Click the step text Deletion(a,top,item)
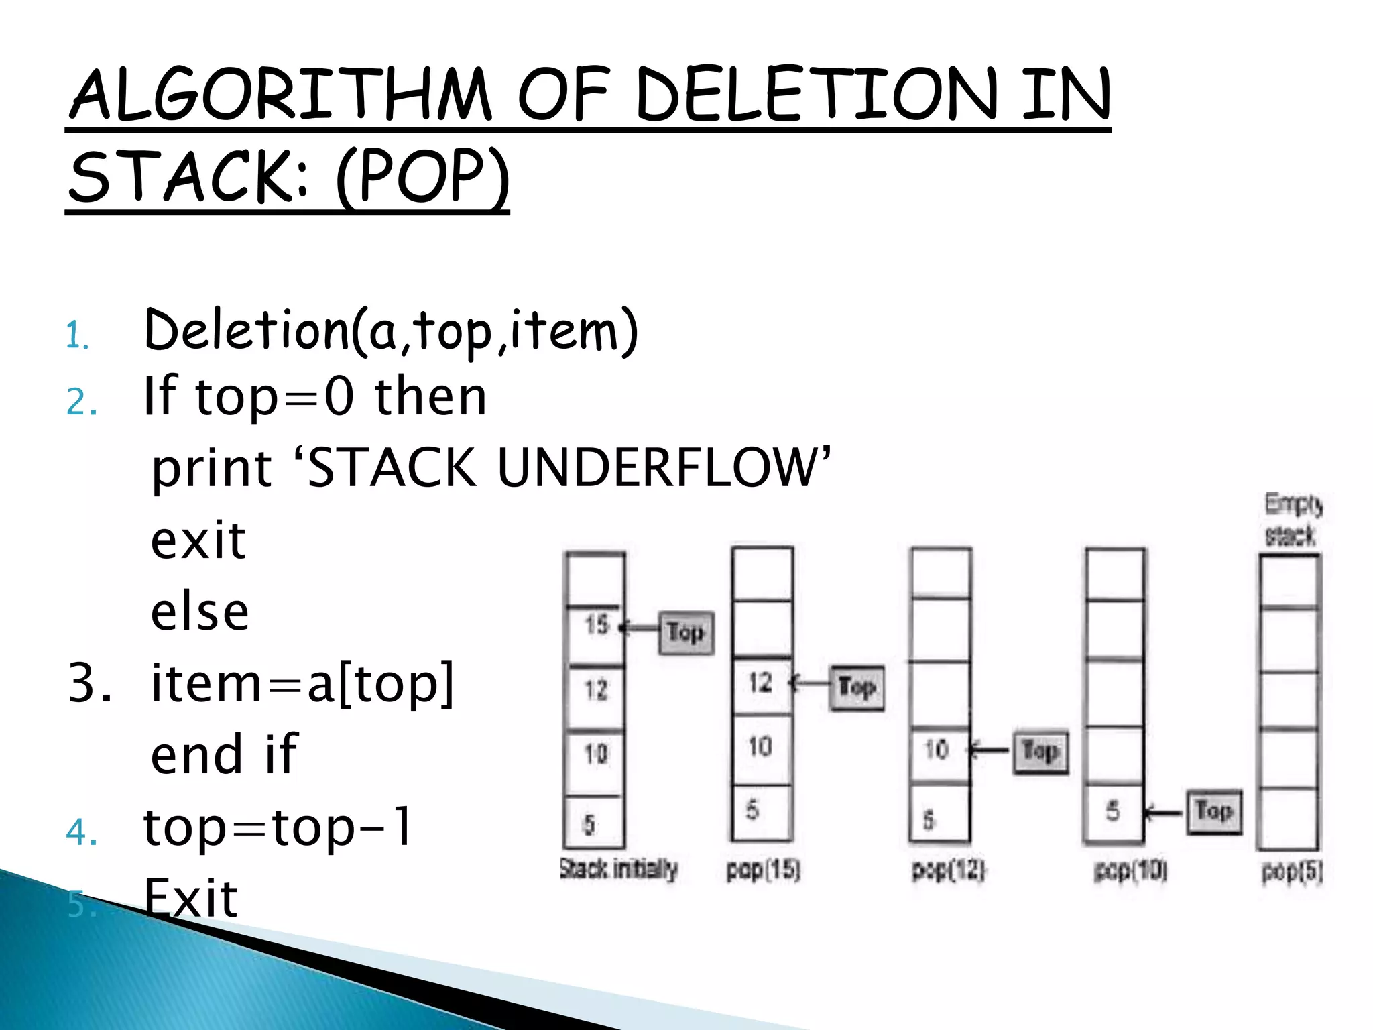point(391,330)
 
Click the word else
point(200,612)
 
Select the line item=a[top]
point(302,683)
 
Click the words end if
point(224,754)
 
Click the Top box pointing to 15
point(686,632)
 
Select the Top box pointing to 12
point(857,687)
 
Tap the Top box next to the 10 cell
point(1040,752)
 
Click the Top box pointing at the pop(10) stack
point(1214,811)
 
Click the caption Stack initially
point(619,869)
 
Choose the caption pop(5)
point(1292,872)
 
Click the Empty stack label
point(1292,520)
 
